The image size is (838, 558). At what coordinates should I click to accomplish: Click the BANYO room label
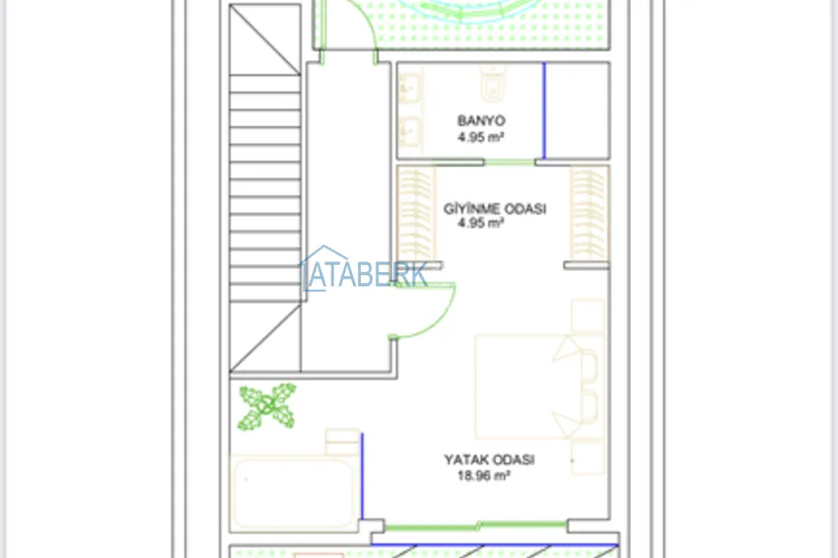[481, 121]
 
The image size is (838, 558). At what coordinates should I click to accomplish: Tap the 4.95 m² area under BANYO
[480, 137]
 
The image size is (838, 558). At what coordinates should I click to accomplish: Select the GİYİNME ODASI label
[495, 208]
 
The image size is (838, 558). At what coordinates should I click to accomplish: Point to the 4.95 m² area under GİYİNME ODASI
[480, 223]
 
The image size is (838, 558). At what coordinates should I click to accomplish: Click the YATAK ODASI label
[489, 459]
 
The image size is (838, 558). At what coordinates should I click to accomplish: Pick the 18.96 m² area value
[484, 475]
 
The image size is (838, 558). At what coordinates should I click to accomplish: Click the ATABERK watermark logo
[364, 270]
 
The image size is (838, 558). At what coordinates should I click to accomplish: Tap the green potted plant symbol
[267, 406]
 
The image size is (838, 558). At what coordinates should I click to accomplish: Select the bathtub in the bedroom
[294, 494]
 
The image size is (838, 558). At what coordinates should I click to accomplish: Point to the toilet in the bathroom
[491, 85]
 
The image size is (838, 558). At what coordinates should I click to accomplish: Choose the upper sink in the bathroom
[410, 86]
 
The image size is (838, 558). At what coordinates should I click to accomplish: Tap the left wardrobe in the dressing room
[416, 214]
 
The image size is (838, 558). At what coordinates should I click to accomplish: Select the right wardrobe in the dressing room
[590, 214]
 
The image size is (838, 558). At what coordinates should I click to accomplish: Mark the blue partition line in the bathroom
[544, 110]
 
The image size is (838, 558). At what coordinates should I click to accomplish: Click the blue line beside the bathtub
[362, 476]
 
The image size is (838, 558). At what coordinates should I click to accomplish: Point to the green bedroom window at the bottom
[475, 525]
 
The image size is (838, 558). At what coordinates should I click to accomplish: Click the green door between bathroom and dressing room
[510, 162]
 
